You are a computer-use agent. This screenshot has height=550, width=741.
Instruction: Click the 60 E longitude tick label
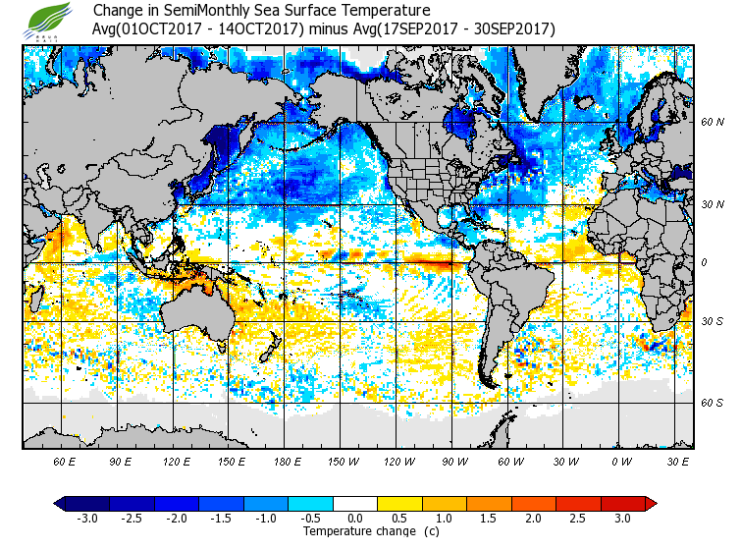point(65,461)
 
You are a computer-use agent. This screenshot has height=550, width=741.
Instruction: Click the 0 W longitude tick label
point(620,461)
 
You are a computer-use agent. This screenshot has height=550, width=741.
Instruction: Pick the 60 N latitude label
point(713,123)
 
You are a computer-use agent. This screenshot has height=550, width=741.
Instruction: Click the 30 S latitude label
point(713,321)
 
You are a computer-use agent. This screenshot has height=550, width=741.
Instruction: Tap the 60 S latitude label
point(713,403)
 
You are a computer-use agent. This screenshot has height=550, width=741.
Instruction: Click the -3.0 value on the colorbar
point(87,519)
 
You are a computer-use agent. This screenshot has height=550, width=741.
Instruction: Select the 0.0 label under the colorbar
point(355,519)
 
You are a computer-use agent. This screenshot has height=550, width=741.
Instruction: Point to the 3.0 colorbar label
point(623,519)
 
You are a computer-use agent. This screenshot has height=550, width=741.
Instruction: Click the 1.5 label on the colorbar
point(489,519)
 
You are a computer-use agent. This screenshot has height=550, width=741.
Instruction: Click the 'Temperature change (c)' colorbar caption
point(356,531)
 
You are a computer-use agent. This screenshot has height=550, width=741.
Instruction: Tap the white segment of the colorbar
point(355,504)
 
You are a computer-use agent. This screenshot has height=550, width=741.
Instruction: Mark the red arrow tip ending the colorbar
point(651,504)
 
